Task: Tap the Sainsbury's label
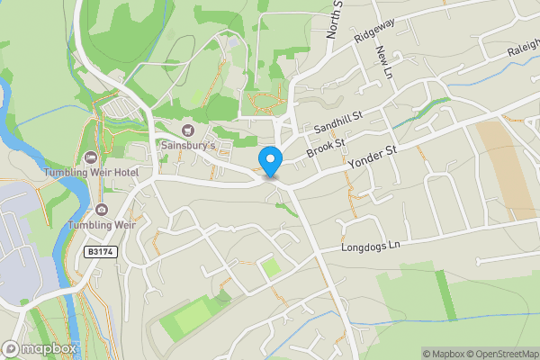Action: click(x=187, y=145)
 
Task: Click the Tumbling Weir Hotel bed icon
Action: click(x=89, y=158)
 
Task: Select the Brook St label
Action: click(x=326, y=148)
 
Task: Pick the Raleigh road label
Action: click(x=521, y=49)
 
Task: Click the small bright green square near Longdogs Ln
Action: click(x=270, y=267)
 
